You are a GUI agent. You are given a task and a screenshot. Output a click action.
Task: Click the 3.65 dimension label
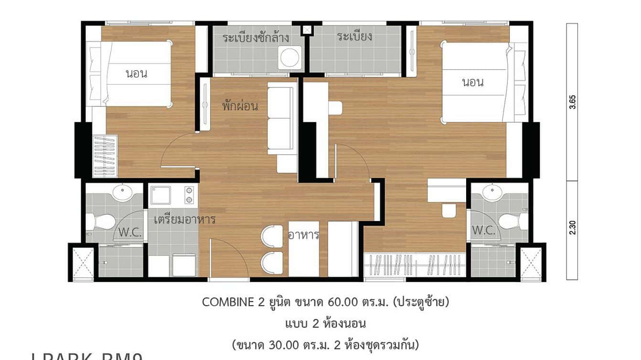(x=572, y=103)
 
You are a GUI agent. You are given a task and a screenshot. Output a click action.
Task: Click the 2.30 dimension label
(x=572, y=227)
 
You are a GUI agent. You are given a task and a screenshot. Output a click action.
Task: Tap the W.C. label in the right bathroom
(x=483, y=230)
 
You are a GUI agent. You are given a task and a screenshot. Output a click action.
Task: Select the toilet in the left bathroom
(x=101, y=222)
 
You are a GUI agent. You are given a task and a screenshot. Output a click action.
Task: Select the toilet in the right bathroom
(x=512, y=221)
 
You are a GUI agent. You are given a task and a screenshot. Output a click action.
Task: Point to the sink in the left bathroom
(x=123, y=192)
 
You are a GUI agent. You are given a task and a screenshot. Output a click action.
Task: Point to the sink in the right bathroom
(x=492, y=192)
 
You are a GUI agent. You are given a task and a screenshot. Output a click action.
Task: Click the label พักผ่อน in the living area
(x=240, y=106)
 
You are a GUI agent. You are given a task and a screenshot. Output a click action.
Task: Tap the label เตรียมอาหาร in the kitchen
(x=184, y=220)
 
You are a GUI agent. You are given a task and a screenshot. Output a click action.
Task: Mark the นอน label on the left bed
(x=137, y=74)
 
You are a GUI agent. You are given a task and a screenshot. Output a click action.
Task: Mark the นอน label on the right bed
(x=473, y=82)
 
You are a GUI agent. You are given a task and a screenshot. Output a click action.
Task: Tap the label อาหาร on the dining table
(x=303, y=235)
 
